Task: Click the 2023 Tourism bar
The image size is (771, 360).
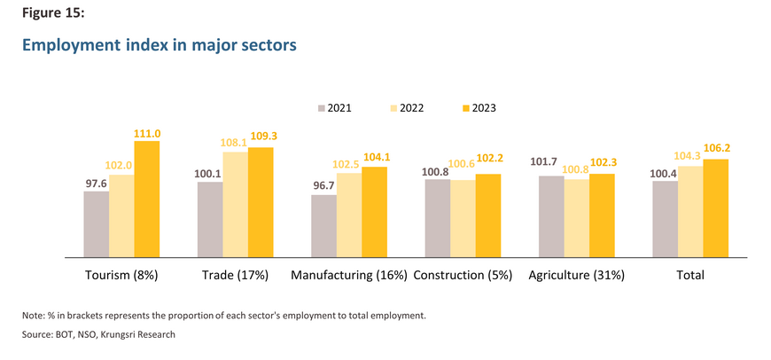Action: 147,200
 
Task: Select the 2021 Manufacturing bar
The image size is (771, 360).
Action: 324,226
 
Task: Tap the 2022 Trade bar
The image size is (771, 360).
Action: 235,205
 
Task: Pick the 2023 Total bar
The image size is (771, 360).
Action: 715,208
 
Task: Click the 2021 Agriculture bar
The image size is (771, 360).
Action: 552,216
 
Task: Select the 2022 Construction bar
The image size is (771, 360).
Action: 463,218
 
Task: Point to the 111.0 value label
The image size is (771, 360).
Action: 147,133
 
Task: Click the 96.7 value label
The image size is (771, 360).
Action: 323,187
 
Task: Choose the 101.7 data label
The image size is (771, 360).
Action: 544,161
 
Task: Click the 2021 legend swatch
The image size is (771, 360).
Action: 322,109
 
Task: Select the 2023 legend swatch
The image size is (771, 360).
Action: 467,109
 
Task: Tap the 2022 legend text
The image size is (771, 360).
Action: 411,109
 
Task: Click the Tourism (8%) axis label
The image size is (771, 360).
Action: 121,276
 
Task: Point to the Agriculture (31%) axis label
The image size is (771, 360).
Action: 576,276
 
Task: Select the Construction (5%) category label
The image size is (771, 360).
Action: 463,276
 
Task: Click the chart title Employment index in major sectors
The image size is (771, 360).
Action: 160,44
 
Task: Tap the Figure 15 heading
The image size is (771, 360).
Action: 53,13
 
